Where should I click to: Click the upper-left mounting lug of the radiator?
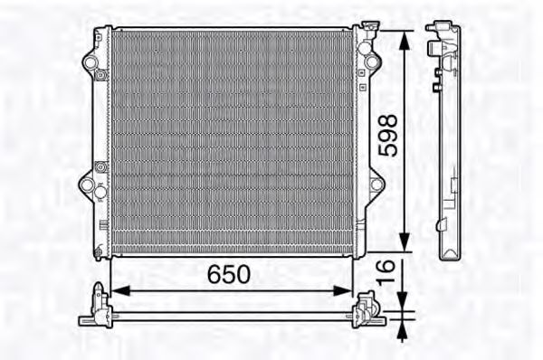[x=90, y=63]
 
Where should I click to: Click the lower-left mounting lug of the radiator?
[x=90, y=185]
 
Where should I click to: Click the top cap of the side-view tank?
[x=441, y=32]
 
